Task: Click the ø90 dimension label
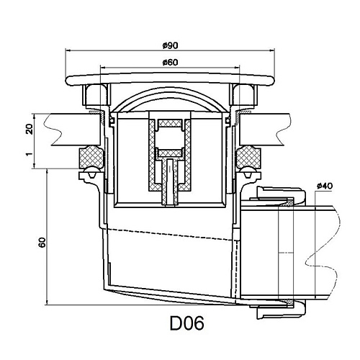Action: coord(170,45)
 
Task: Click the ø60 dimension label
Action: coord(170,63)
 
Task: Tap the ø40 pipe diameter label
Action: coord(325,186)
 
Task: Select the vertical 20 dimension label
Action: coord(29,129)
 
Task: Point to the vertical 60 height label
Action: coord(42,243)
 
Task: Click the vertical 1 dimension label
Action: coord(29,154)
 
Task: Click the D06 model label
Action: coord(187,323)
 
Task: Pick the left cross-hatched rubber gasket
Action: coord(91,157)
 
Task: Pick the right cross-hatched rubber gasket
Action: coord(248,157)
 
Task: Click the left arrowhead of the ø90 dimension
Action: coord(68,50)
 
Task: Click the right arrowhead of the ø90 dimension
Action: coord(272,50)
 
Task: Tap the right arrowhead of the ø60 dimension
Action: coord(238,68)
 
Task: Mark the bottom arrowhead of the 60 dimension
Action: coord(47,302)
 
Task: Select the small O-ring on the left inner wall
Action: coord(112,121)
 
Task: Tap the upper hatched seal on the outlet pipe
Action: coord(288,203)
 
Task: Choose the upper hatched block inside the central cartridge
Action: coord(170,123)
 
